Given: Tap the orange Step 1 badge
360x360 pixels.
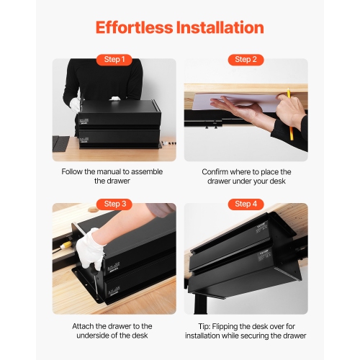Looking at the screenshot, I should (x=114, y=60).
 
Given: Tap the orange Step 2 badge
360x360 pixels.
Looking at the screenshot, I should (x=246, y=60).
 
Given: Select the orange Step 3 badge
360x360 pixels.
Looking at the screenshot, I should (x=114, y=204).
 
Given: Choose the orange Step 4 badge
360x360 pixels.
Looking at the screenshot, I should (x=246, y=204).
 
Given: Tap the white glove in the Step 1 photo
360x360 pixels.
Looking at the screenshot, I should (x=74, y=104).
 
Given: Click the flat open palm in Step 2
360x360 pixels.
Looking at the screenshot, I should (x=234, y=108).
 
